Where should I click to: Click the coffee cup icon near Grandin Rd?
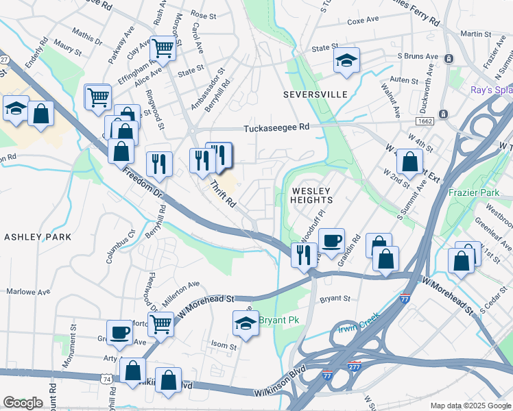click(332, 241)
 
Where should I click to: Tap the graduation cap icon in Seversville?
click(347, 60)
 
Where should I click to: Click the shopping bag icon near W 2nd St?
click(409, 162)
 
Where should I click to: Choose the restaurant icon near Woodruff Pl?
click(303, 255)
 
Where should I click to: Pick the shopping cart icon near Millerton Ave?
click(160, 323)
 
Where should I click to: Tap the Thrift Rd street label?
click(223, 194)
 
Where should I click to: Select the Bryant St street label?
click(335, 299)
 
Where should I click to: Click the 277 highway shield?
click(354, 368)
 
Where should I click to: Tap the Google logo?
click(23, 403)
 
